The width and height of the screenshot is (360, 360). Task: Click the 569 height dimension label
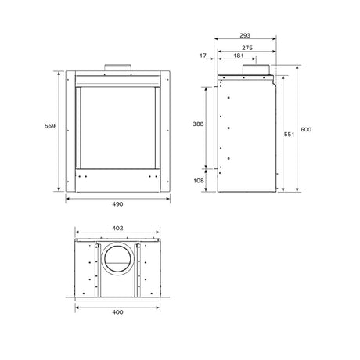[x=49, y=127]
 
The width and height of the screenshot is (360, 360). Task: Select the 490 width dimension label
[x=117, y=204]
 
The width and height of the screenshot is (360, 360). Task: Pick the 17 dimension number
[x=203, y=56]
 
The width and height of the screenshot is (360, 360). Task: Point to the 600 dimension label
[x=306, y=128]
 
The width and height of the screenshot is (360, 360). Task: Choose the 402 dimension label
[x=117, y=228]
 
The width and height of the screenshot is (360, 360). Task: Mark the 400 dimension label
[x=117, y=312]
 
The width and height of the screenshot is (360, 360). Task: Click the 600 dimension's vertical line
[x=297, y=157]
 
